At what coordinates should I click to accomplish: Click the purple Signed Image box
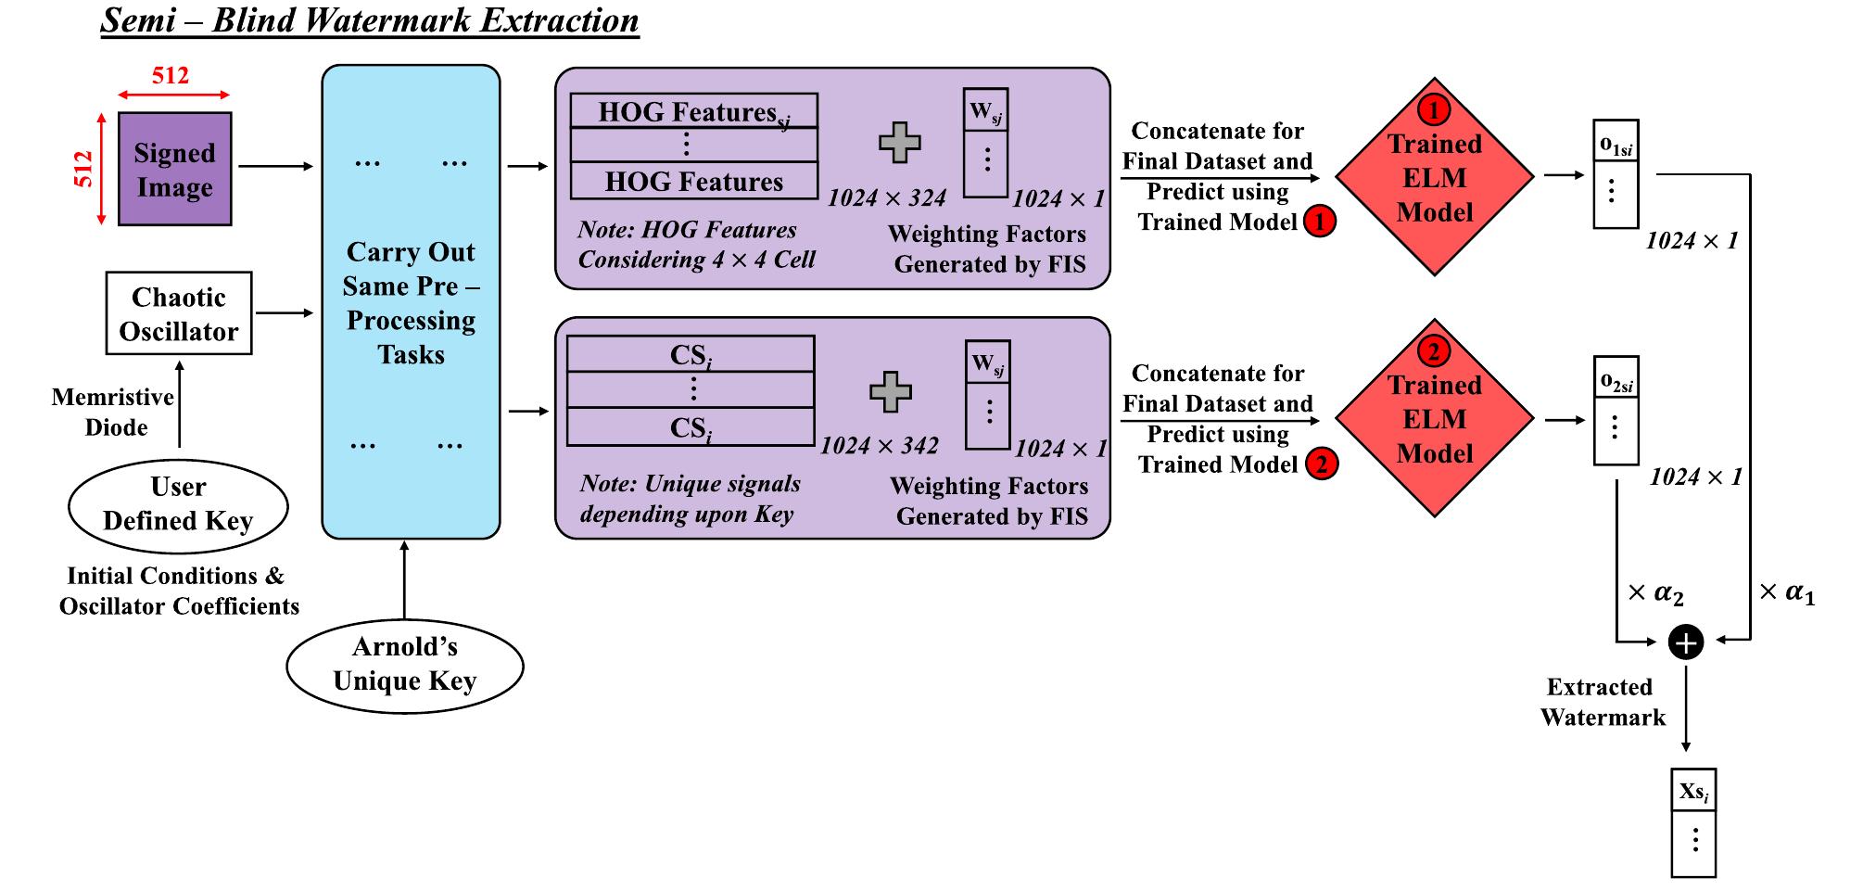(x=174, y=170)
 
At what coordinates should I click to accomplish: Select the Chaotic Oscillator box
(x=178, y=313)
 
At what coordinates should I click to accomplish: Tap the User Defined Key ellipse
(x=178, y=504)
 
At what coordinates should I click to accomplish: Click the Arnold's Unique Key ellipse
(x=405, y=665)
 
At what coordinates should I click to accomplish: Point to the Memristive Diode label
(x=114, y=412)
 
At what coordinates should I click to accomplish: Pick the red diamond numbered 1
(x=1434, y=177)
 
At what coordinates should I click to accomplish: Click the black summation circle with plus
(x=1685, y=642)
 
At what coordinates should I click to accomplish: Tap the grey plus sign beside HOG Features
(x=899, y=143)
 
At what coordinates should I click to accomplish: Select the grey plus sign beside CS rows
(x=891, y=392)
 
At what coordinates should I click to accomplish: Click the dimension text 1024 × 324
(x=887, y=198)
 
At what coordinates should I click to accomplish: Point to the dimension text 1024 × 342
(x=880, y=446)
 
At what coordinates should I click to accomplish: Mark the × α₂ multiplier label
(x=1656, y=593)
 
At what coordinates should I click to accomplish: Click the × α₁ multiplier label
(x=1787, y=593)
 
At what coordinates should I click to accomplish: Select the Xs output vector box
(x=1693, y=822)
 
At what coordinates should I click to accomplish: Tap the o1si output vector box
(x=1616, y=174)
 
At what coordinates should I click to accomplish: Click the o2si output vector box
(x=1616, y=411)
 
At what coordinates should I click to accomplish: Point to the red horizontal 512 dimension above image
(x=171, y=76)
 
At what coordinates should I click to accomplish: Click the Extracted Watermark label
(x=1603, y=702)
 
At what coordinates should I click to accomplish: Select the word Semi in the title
(x=138, y=20)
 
